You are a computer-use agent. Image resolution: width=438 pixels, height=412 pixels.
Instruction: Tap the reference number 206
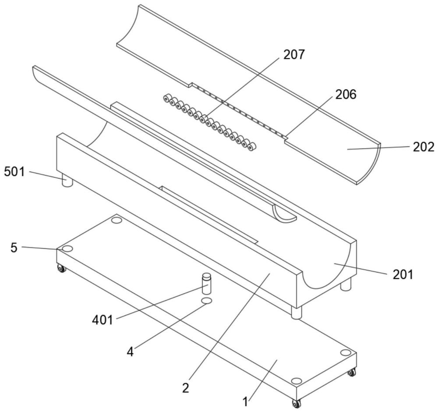[x=346, y=94]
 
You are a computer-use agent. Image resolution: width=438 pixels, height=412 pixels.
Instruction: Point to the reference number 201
[x=402, y=275]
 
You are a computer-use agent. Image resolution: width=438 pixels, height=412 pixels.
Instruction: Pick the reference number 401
[x=103, y=320]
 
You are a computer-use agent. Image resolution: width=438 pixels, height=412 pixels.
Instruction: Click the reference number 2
[x=186, y=388]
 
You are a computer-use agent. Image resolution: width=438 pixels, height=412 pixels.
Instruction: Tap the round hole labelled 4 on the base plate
[x=207, y=301]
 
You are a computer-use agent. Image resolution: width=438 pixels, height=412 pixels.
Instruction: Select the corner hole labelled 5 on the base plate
[x=67, y=249]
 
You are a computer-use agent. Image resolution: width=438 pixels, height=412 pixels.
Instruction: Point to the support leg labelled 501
[x=67, y=181]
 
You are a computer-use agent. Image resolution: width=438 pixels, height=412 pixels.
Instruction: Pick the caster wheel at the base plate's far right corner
[x=351, y=373]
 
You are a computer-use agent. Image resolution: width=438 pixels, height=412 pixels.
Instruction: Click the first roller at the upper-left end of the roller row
[x=166, y=98]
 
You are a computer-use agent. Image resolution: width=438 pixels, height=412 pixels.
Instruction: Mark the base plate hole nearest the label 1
[x=296, y=380]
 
